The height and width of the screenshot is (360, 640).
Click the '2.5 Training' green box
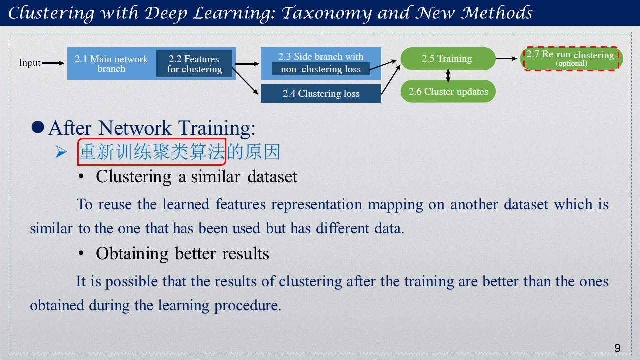coord(448,58)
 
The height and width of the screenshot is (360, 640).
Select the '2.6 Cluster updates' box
coord(448,91)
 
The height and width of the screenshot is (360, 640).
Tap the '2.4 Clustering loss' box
coord(321,93)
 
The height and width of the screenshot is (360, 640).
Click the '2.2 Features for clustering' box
coord(194,64)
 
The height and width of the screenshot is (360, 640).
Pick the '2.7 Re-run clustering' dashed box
coord(571,59)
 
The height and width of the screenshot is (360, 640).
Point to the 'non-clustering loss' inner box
coord(321,69)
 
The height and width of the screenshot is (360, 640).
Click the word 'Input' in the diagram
coord(29,63)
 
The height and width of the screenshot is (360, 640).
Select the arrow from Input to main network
coord(53,63)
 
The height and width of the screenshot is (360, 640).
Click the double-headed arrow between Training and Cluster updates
coord(448,75)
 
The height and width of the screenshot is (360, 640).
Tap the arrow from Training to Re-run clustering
coord(506,59)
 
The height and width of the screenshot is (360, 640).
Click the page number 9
coord(617,348)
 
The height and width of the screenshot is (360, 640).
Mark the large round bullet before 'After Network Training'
coord(38,127)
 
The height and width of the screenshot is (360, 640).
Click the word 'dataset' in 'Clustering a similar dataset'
coord(272,177)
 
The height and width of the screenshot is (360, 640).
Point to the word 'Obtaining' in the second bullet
coord(132,254)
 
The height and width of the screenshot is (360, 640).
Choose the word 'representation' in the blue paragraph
coord(316,205)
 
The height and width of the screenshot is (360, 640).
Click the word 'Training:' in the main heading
coord(217,128)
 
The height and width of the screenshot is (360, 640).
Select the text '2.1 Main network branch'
coord(111,64)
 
